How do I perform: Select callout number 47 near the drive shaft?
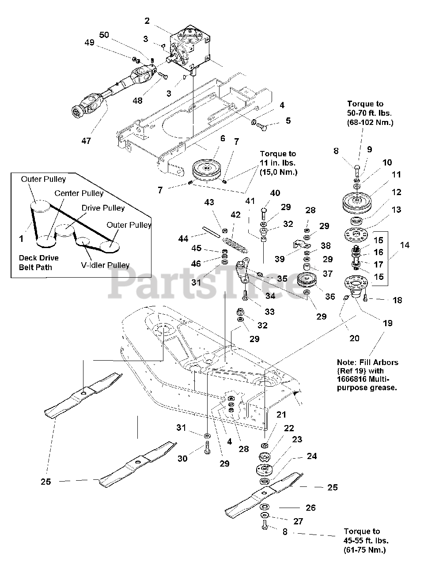pyautogui.click(x=86, y=141)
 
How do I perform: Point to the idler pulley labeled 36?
pyautogui.click(x=309, y=281)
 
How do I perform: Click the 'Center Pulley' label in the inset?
pyautogui.click(x=79, y=193)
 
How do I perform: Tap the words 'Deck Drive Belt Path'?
pyautogui.click(x=38, y=263)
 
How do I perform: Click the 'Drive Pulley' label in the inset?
pyautogui.click(x=103, y=207)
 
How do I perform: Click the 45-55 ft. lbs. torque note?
pyautogui.click(x=367, y=540)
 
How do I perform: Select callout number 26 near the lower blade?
pyautogui.click(x=310, y=508)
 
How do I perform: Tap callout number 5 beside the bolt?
pyautogui.click(x=288, y=121)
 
